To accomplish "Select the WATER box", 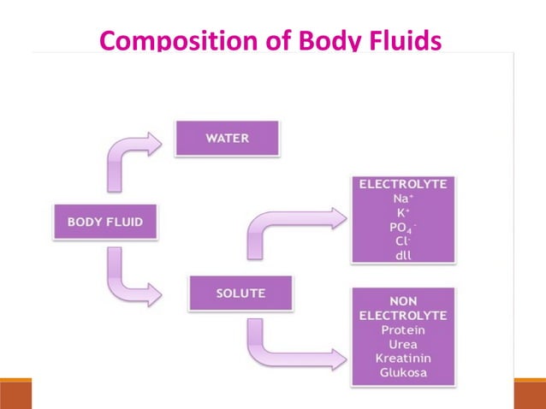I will (227, 137).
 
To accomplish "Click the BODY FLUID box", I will (105, 222).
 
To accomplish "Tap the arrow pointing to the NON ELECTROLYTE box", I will (291, 342).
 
